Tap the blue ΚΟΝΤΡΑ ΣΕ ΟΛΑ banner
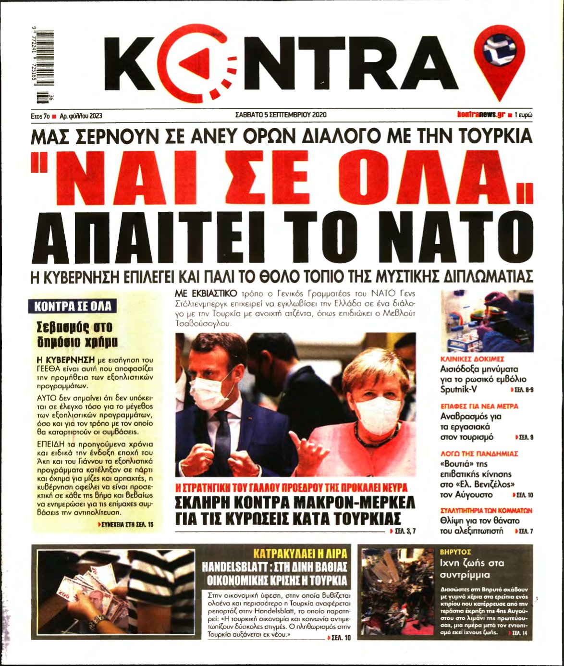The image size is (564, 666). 73,306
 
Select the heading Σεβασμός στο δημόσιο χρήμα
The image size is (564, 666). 74,334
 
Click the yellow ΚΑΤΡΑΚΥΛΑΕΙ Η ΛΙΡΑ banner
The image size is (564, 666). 300,553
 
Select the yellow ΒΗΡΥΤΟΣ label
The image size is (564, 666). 455,552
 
